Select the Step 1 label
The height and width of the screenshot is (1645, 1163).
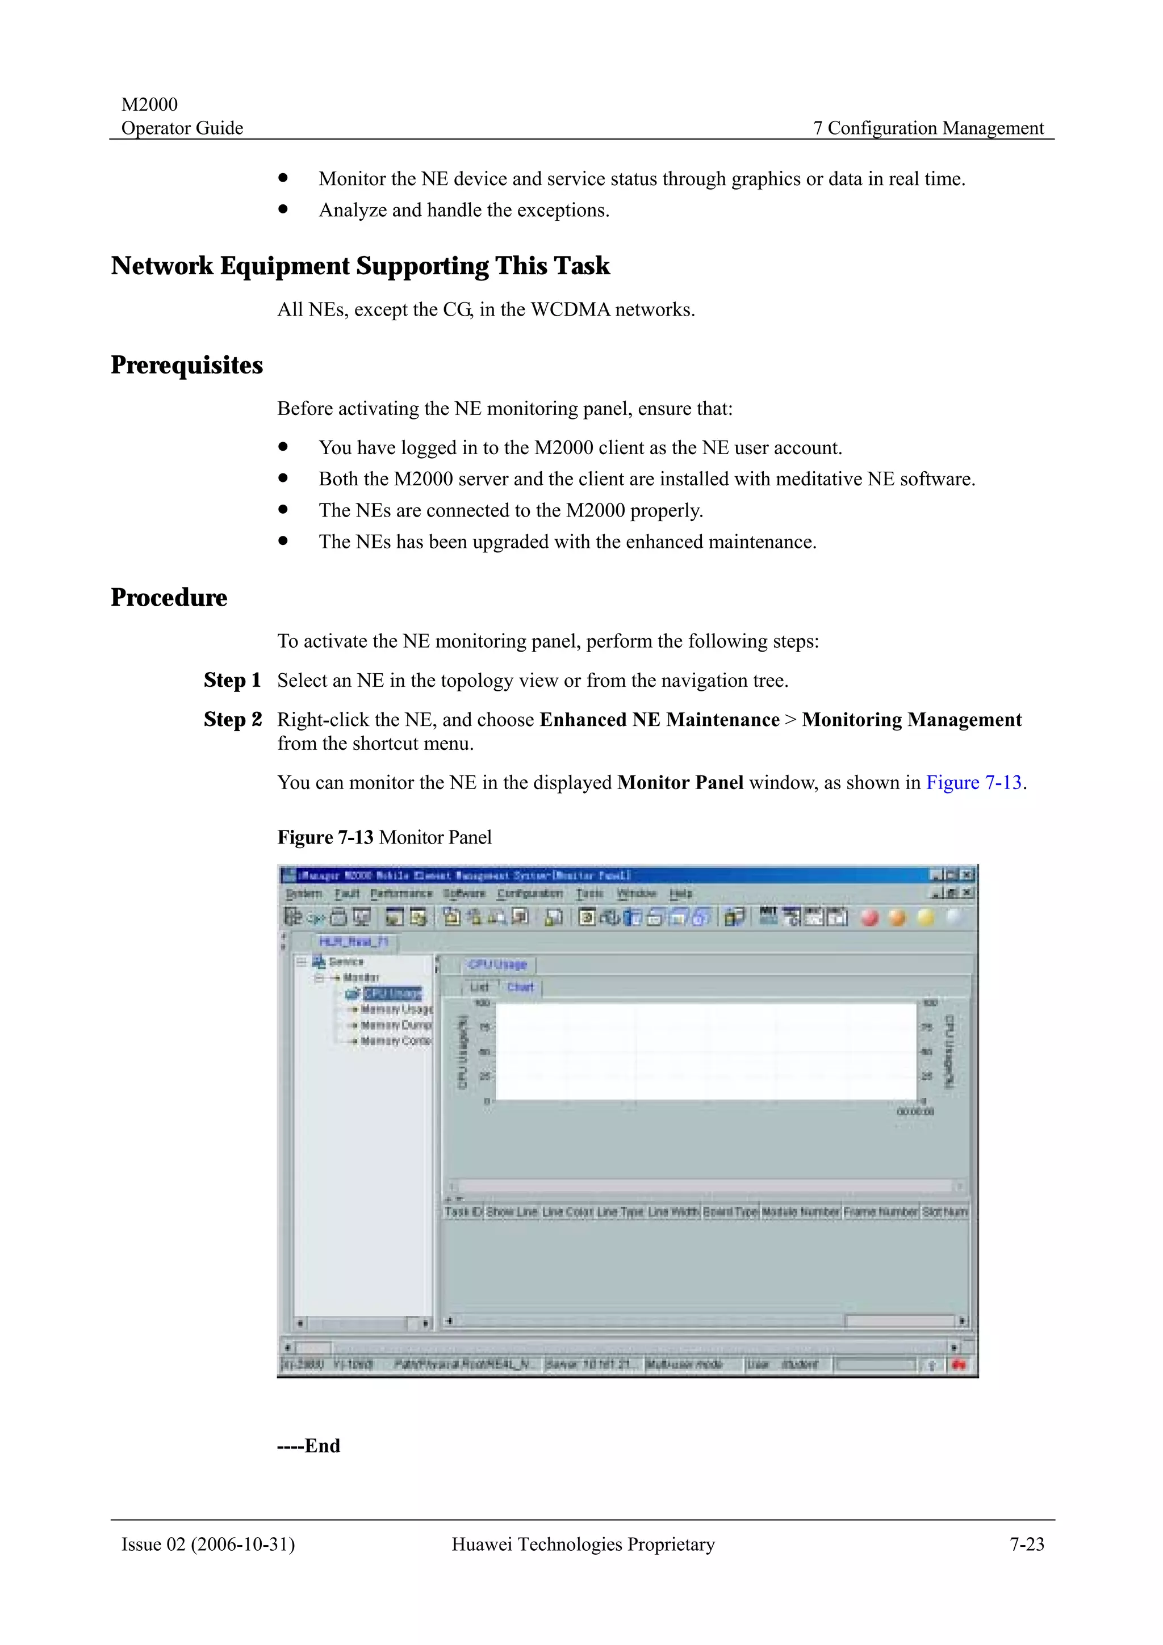[x=232, y=680]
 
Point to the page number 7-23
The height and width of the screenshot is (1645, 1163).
[x=1027, y=1544]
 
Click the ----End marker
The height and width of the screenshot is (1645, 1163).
[x=309, y=1445]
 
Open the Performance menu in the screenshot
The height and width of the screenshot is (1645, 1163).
[x=401, y=893]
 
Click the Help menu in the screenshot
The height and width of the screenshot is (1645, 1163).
[x=681, y=893]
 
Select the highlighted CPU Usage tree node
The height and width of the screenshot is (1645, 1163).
[x=392, y=993]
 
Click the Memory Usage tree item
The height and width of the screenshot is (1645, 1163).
[x=396, y=1009]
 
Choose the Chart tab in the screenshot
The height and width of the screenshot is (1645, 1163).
[x=520, y=987]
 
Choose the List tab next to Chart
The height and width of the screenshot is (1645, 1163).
[x=479, y=987]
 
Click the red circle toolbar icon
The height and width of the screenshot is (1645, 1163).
[x=869, y=917]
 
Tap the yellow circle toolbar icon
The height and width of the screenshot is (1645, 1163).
[x=925, y=917]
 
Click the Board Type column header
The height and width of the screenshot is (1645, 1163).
[x=730, y=1211]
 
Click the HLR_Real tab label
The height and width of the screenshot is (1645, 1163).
[x=353, y=942]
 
